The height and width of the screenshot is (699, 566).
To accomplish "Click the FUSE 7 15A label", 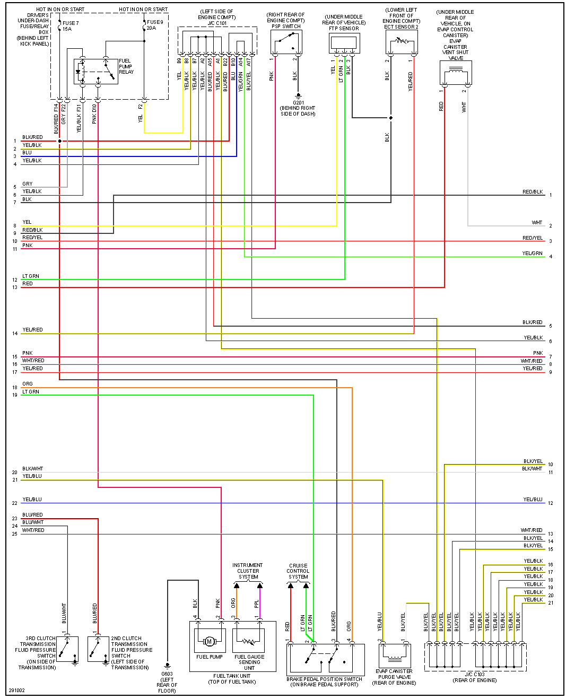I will coord(70,26).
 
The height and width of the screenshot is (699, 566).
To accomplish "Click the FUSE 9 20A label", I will coord(154,25).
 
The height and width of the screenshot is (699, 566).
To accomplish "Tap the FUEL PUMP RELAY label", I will coord(126,66).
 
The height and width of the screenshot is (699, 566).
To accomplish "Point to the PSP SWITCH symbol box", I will coord(286,42).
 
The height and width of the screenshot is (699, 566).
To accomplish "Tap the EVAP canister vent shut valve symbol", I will coord(455,73).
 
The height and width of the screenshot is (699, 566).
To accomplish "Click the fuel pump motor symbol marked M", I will coord(210,642).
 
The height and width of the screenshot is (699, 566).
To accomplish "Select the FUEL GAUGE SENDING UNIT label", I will coord(249,662).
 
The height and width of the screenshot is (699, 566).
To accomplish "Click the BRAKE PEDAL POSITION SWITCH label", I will coord(324,681).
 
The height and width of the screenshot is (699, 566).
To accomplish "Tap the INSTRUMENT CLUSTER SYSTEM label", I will coord(248,571).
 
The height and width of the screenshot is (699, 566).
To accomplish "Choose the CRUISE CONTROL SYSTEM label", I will coord(298,571).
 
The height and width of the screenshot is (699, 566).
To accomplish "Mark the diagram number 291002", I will coord(16,691).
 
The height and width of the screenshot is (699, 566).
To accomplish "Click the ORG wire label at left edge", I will coord(28,384).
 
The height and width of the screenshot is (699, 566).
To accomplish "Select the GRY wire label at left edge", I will coord(28,184).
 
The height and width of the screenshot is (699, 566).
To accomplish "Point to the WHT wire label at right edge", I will coord(537,223).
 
